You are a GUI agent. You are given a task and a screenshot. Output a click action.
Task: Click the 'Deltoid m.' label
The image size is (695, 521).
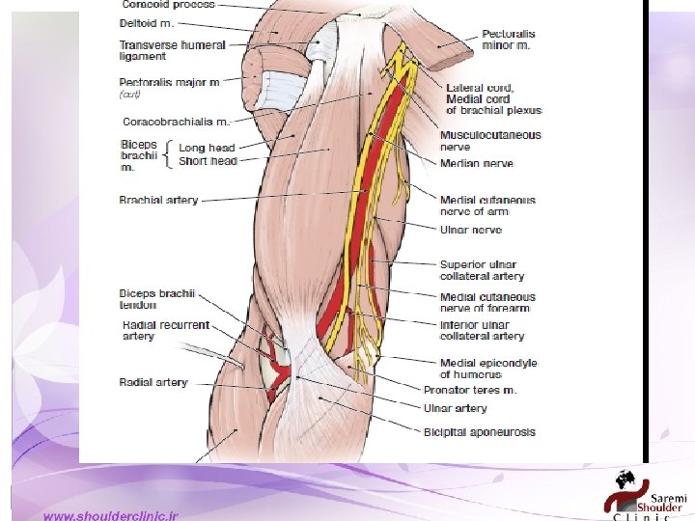point(146,22)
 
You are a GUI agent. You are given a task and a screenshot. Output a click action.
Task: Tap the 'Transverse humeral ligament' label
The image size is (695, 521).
point(172,50)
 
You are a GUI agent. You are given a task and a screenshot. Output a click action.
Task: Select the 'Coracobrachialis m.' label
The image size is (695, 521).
point(176,122)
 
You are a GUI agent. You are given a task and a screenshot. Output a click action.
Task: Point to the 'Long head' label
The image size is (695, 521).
point(207,148)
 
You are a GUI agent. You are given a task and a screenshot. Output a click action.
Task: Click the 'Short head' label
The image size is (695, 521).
point(208,161)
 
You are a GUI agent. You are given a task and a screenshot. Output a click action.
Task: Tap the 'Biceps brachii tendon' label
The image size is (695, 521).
point(157,299)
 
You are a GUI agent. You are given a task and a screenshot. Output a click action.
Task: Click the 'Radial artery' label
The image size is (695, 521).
point(153,382)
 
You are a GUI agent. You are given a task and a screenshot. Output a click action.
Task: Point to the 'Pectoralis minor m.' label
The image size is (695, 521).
point(509,40)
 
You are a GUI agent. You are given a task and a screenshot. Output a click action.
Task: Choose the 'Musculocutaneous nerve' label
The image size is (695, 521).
point(490,141)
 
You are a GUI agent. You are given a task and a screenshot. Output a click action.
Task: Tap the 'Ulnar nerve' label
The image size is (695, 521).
point(471,231)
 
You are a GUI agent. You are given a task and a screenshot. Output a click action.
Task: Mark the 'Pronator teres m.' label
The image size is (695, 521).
point(470,390)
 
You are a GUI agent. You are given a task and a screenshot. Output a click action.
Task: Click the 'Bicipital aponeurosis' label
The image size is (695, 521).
point(479,432)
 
